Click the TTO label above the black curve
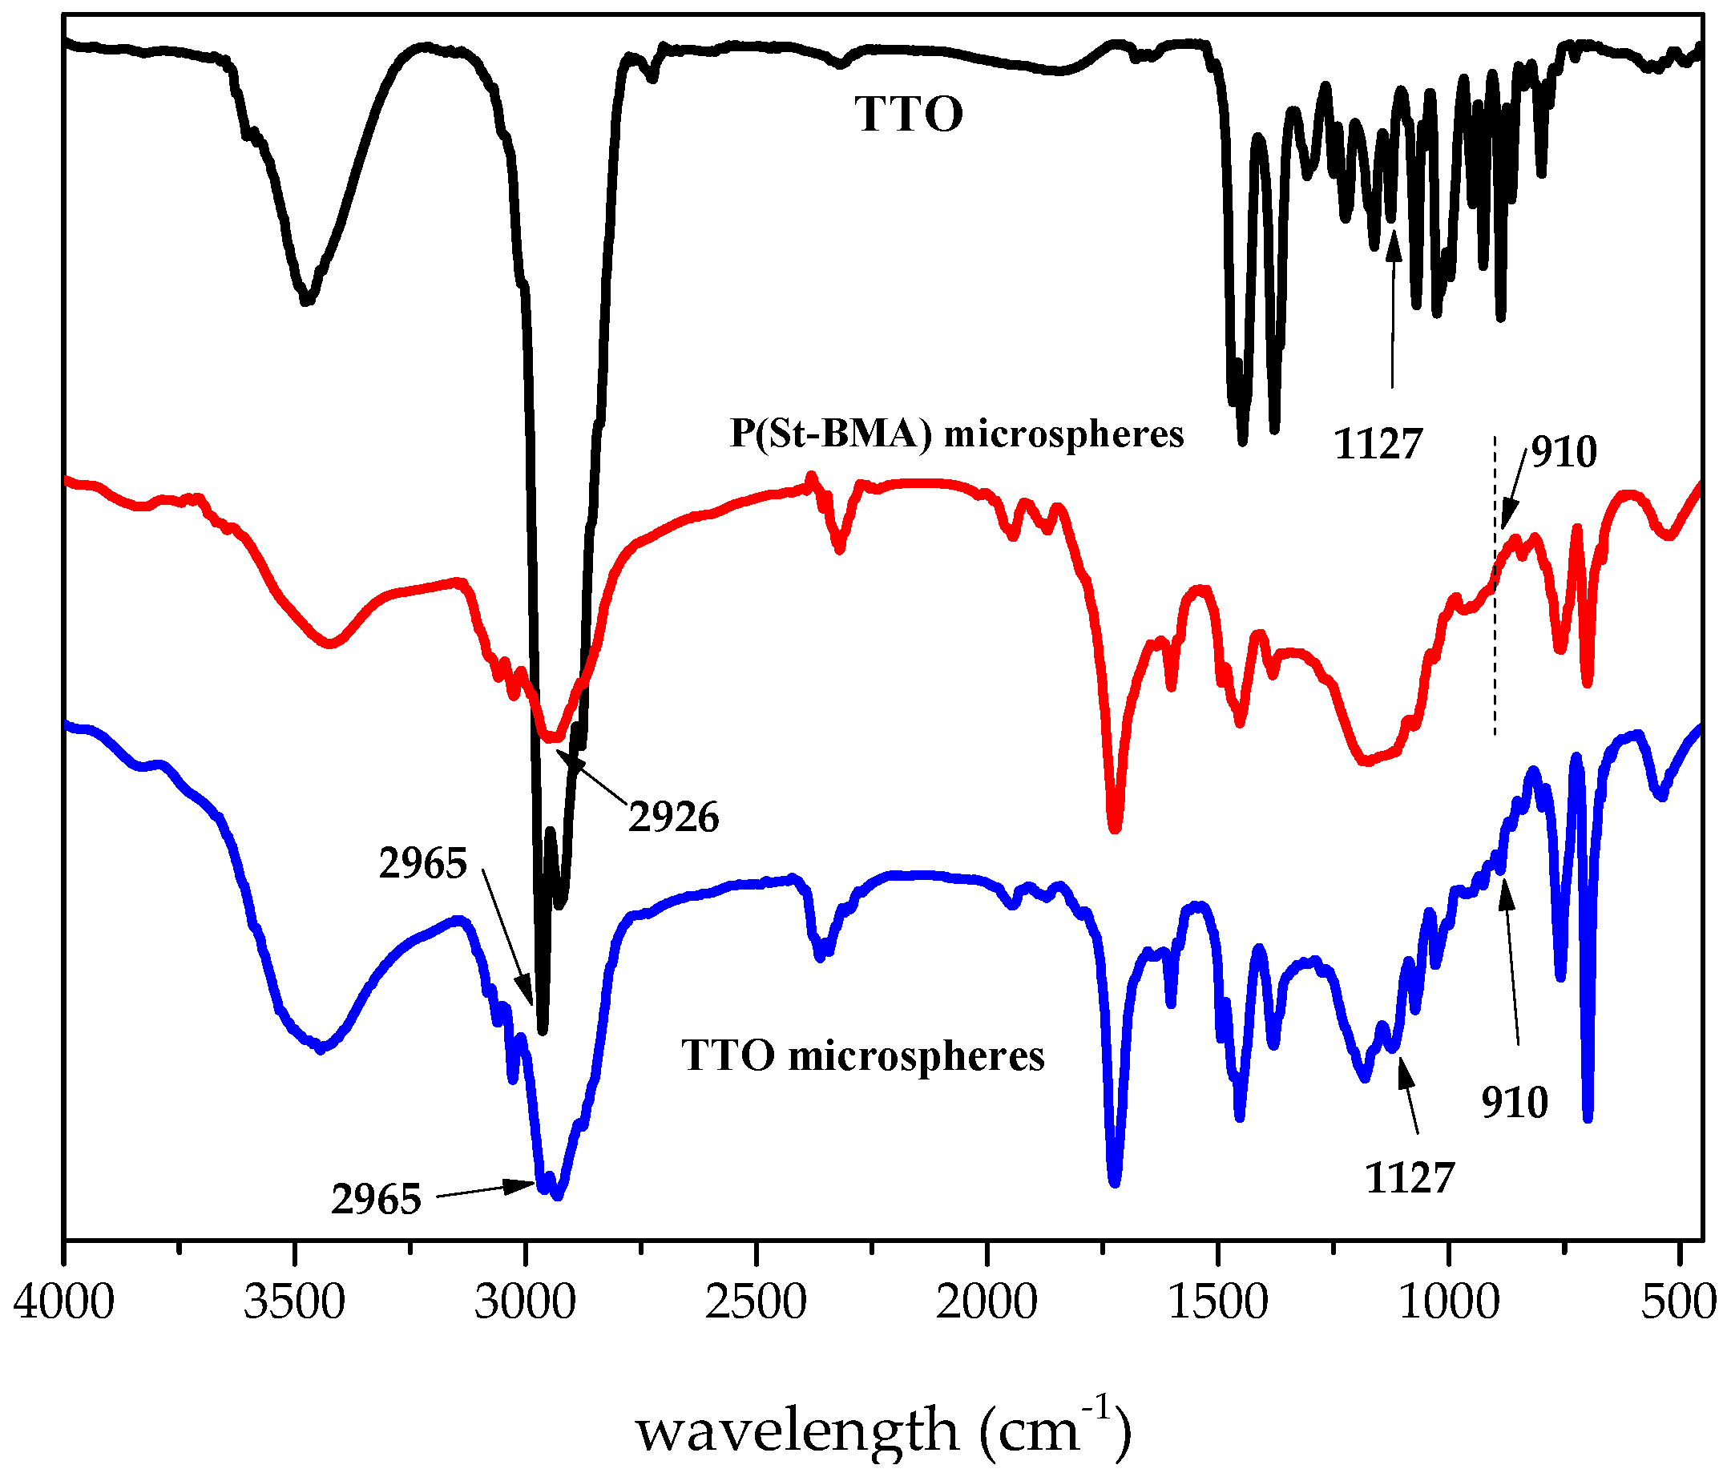point(908,115)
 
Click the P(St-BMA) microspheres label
point(957,434)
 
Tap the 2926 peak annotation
point(673,817)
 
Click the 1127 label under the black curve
point(1378,444)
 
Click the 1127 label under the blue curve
point(1410,1178)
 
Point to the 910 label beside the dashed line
point(1564,452)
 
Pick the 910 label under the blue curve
point(1515,1103)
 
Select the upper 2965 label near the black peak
point(422,863)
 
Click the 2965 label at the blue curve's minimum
point(376,1200)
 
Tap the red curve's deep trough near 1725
point(1115,826)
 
